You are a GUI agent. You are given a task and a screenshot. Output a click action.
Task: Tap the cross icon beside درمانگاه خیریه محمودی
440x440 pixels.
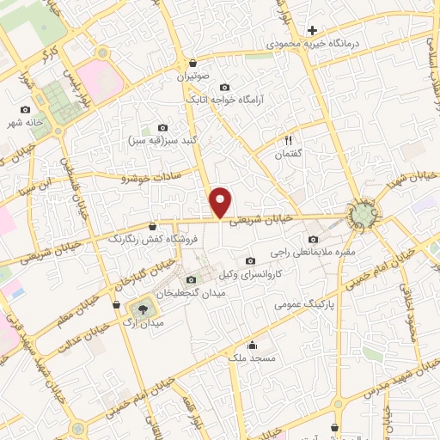click(312, 31)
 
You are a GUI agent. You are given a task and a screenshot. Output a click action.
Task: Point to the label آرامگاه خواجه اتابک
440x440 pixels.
click(225, 100)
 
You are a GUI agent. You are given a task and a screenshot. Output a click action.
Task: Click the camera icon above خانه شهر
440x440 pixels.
click(25, 110)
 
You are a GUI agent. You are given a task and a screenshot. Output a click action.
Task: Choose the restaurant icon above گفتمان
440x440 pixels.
click(289, 140)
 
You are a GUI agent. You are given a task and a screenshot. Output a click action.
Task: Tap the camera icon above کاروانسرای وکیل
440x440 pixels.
click(250, 261)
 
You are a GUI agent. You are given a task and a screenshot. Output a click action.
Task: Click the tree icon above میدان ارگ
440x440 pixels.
click(141, 307)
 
